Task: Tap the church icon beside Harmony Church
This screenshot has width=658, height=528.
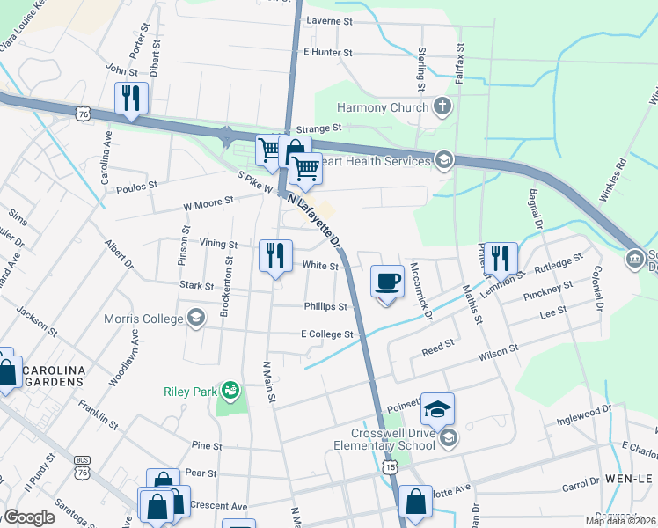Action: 442,107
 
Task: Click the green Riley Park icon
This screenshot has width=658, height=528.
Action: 230,388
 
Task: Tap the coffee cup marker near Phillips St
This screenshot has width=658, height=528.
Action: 387,282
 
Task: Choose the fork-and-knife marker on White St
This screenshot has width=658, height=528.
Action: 275,256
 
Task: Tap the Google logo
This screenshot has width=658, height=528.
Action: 28,517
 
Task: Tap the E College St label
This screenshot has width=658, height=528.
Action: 326,334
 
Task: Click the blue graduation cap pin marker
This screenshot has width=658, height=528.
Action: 437,409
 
